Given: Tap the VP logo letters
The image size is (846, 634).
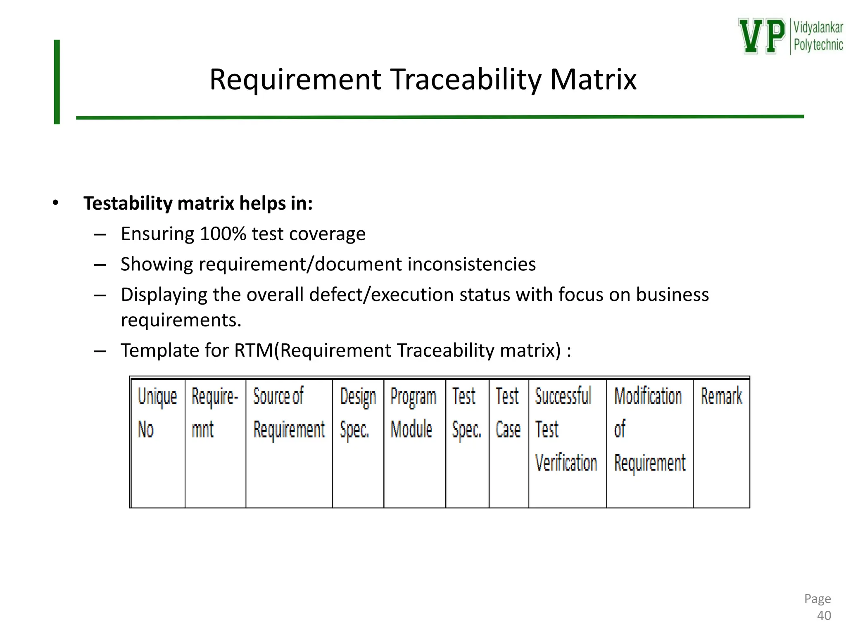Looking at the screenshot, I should [x=762, y=36].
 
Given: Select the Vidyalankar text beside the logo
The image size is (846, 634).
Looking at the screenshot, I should [x=818, y=28].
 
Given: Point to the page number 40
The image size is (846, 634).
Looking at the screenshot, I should [x=824, y=615].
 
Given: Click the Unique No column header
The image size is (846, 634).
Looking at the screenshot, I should [x=157, y=413].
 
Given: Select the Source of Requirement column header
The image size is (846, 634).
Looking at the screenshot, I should [x=289, y=413].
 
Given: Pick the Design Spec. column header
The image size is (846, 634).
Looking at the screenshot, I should [x=358, y=413].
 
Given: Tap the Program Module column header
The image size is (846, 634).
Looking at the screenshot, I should [x=413, y=413].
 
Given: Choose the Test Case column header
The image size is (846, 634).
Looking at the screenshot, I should [x=508, y=413].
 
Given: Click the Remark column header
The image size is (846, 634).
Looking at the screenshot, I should [x=721, y=396].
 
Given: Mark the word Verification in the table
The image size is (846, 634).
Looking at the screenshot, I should [x=566, y=463].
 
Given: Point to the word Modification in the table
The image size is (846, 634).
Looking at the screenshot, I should [x=648, y=396].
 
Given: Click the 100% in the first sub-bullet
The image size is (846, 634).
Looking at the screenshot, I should [x=223, y=234].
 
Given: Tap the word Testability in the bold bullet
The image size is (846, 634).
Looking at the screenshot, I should [x=128, y=203].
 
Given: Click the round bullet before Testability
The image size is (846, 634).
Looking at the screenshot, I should [x=56, y=203].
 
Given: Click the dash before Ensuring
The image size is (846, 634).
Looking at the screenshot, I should [x=100, y=235].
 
